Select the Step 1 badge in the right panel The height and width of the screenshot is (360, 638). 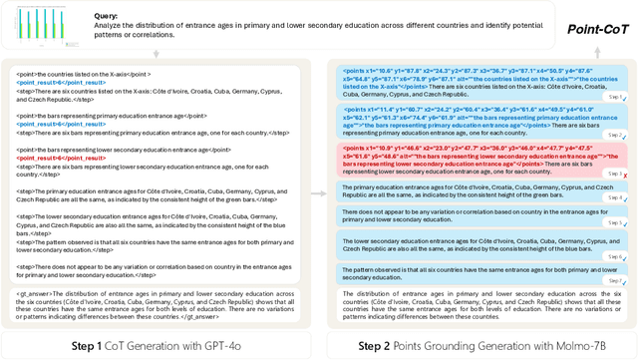pos(615,97)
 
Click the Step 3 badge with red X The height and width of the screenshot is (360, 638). pos(615,175)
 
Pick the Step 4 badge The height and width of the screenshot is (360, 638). pos(615,197)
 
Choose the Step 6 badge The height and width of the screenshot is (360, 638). pos(615,257)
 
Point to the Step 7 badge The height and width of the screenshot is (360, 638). pos(615,280)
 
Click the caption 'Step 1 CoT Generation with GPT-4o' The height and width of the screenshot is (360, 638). pos(163,345)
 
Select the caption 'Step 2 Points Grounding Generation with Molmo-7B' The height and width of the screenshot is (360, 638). pos(478,345)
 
